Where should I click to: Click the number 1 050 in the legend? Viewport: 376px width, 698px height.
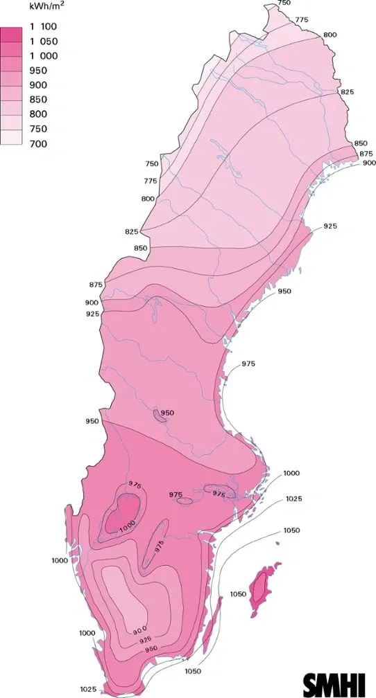44,42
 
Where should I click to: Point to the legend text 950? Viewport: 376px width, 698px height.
38,71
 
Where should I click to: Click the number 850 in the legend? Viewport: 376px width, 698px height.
38,100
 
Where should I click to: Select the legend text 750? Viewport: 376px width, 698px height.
38,129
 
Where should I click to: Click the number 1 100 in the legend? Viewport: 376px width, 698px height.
44,27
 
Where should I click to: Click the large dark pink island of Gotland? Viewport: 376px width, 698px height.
261,585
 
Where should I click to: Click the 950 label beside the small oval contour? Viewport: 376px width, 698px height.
167,413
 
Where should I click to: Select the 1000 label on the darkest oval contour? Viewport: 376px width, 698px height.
126,528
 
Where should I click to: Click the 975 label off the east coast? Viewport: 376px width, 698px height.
249,364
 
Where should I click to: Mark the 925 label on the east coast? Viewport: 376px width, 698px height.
330,226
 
